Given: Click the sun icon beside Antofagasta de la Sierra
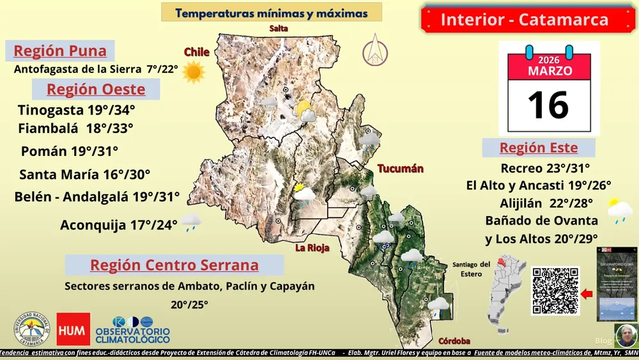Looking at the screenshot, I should point(194,72).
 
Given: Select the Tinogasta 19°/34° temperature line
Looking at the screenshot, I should point(76,109).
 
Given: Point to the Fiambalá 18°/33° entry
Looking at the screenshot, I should point(75,128).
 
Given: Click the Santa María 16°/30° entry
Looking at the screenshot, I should point(84,174).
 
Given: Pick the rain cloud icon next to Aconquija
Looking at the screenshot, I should point(191,223).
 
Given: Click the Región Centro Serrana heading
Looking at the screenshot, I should point(174,265).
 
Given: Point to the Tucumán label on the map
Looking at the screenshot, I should point(401,169).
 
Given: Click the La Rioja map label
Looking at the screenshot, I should point(312,248).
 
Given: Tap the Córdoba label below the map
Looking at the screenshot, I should point(454,341).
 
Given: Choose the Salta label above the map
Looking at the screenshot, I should point(279,29).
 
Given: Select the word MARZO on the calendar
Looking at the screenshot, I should point(550,70).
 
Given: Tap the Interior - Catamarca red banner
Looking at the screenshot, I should point(524,20).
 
